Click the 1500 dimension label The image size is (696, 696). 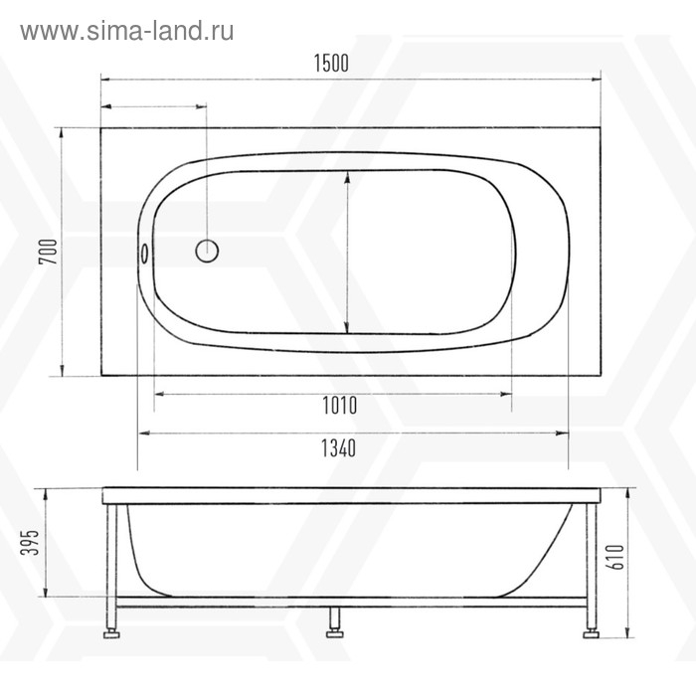click(x=332, y=63)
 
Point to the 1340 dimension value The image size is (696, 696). click(x=339, y=448)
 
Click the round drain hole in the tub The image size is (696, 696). click(x=207, y=251)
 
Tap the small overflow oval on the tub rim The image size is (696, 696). click(x=145, y=253)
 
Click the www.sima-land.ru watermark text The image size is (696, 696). click(x=127, y=31)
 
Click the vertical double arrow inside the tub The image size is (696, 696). click(x=346, y=253)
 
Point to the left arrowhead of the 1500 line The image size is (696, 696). click(x=104, y=78)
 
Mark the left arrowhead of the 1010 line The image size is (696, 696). click(x=160, y=394)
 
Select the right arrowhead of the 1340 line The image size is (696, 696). click(x=562, y=434)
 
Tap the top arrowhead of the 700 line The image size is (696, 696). click(x=63, y=132)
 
